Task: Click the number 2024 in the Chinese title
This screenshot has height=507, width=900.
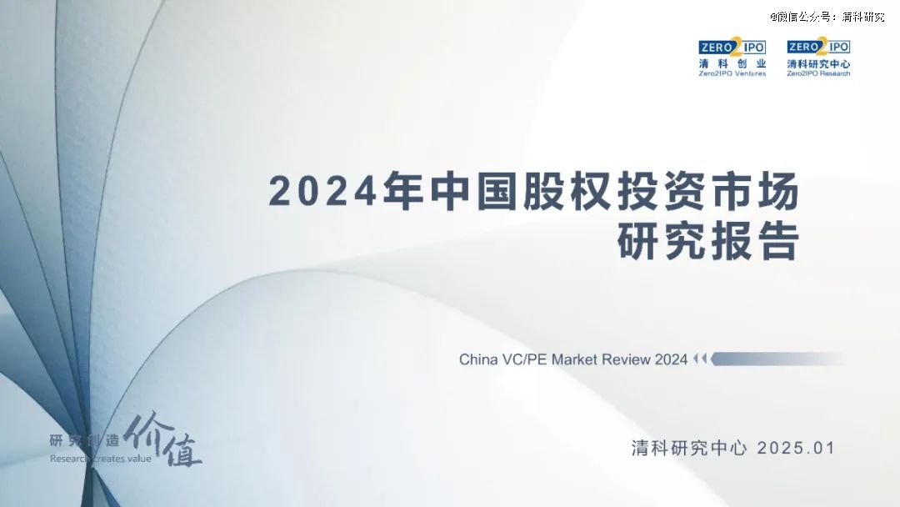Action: pyautogui.click(x=322, y=191)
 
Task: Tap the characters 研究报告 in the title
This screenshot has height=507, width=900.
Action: pyautogui.click(x=708, y=242)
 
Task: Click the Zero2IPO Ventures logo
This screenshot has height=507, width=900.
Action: pyautogui.click(x=732, y=58)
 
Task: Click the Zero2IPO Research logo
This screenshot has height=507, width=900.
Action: pyautogui.click(x=818, y=58)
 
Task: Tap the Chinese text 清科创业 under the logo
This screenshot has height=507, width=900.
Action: pyautogui.click(x=732, y=63)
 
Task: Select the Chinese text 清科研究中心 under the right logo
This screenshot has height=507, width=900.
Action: pyautogui.click(x=818, y=63)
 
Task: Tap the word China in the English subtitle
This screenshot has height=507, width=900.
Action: pyautogui.click(x=478, y=359)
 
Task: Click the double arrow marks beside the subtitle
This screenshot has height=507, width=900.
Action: pyautogui.click(x=700, y=359)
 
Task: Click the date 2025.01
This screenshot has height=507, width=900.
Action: pyautogui.click(x=796, y=448)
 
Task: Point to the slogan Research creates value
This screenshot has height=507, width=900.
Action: pyautogui.click(x=101, y=459)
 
